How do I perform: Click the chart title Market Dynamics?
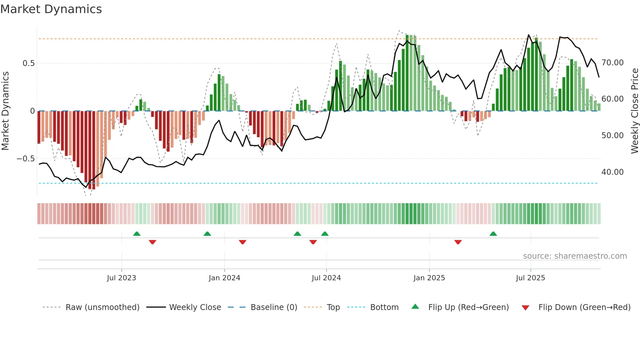pos(51,9)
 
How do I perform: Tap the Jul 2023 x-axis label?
pos(121,278)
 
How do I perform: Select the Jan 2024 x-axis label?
pos(224,278)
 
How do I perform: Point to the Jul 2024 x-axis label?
pos(326,278)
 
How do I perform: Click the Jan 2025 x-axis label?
pos(429,278)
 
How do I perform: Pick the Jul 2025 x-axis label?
pos(531,278)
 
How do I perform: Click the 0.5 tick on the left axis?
pos(29,63)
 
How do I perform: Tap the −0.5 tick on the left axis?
pos(26,159)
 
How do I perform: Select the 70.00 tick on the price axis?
pos(613,63)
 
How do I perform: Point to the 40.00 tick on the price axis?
pos(613,172)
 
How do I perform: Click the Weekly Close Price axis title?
pos(634,111)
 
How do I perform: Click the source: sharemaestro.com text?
pos(575,256)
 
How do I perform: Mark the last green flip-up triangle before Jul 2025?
pos(493,234)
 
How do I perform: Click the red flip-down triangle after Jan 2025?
pos(458,242)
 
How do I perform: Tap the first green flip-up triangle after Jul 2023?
pos(137,234)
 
